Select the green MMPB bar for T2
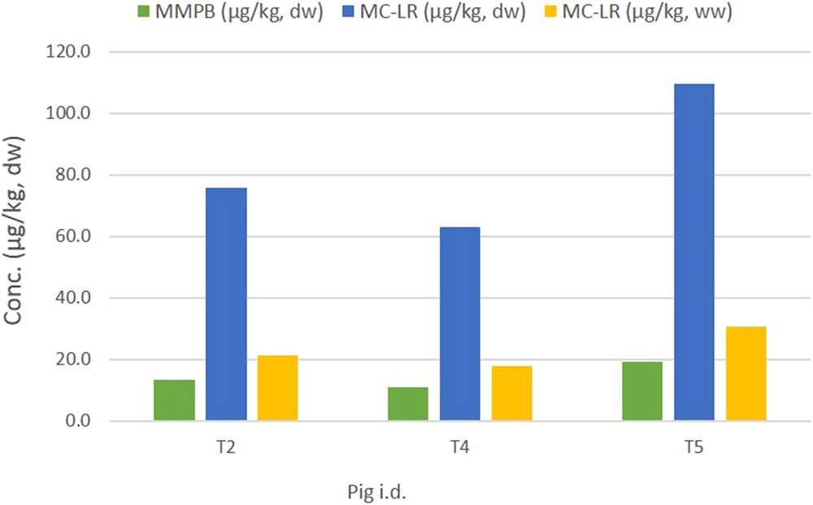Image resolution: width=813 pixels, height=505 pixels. point(174,400)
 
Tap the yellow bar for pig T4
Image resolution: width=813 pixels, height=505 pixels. point(512,394)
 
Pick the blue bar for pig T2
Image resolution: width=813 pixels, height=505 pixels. point(226,304)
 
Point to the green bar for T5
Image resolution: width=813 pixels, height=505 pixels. point(642,391)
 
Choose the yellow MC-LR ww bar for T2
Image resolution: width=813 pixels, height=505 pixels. point(278,388)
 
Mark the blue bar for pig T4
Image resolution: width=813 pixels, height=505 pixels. point(460,324)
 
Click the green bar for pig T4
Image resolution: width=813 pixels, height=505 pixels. point(408,404)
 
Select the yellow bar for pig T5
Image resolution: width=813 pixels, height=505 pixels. point(746,373)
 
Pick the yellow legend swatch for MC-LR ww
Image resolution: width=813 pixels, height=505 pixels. point(598,14)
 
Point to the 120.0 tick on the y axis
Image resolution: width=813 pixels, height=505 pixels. point(78,51)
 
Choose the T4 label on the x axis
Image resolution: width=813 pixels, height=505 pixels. point(460,447)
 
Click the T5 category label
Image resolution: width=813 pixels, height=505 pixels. point(694,447)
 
